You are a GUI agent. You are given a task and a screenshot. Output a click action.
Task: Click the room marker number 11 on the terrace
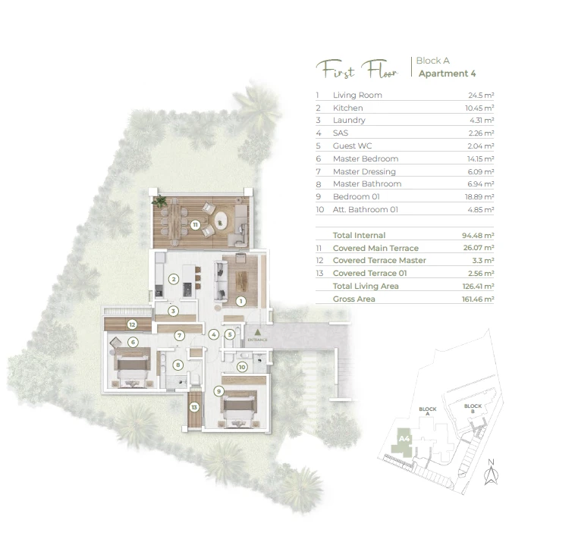coord(195,224)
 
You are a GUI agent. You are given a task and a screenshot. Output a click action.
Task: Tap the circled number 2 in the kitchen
coord(174,279)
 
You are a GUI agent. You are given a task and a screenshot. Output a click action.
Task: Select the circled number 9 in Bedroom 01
coord(219,391)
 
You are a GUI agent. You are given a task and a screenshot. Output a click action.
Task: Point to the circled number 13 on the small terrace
coord(194,407)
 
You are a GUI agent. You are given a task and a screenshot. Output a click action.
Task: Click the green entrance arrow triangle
coord(258,332)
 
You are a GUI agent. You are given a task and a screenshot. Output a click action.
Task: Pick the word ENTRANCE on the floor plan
coord(258,340)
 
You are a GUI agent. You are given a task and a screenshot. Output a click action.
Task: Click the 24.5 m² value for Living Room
coord(481,95)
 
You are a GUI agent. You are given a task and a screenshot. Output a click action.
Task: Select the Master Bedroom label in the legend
coord(366,158)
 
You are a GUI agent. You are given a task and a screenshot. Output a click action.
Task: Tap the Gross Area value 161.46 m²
coord(478,299)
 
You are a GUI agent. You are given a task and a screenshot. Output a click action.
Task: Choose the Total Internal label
coord(359,235)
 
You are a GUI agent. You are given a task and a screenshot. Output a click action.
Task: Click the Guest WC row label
coord(353,146)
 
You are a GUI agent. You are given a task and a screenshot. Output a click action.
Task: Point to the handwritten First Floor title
coord(357,69)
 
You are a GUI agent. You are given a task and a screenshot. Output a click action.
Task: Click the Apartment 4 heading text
coord(447,74)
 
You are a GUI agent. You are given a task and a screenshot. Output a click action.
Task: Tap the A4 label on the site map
coord(404,439)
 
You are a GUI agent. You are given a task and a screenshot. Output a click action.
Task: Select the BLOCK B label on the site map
coord(473,409)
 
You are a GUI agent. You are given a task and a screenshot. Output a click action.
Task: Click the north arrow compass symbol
coord(491,472)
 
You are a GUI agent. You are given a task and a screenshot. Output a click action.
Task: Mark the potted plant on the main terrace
coord(159,201)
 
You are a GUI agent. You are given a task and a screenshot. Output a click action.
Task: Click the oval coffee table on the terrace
coord(221,221)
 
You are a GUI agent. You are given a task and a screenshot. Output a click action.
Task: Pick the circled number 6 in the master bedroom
coord(133,343)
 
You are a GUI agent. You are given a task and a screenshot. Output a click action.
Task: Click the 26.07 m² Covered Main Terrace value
coord(479,248)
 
